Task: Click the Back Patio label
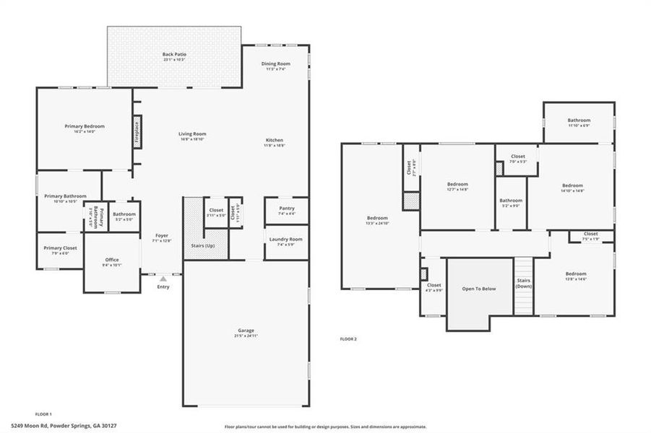click(173, 54)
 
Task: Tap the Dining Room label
click(276, 64)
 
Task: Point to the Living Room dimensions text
click(193, 140)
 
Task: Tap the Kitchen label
click(274, 139)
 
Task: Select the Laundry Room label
click(285, 239)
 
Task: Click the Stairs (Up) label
click(202, 245)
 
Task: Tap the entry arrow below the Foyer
click(163, 278)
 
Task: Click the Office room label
click(111, 260)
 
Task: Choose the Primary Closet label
click(60, 248)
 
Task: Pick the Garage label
click(246, 330)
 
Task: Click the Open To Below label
click(479, 289)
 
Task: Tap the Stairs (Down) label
click(524, 284)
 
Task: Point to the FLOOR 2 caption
click(348, 338)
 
